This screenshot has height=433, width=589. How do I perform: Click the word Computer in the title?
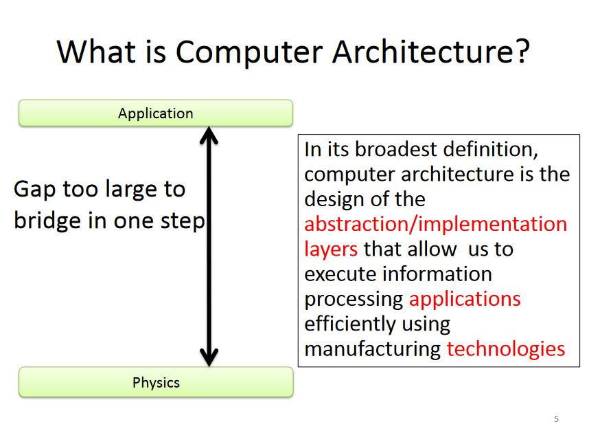click(249, 53)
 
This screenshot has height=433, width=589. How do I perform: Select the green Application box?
click(156, 113)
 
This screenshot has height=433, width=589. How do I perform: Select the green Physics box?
click(156, 382)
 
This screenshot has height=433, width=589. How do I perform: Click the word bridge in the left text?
click(47, 221)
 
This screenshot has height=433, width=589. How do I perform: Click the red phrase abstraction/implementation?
click(436, 224)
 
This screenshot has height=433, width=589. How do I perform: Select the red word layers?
click(331, 249)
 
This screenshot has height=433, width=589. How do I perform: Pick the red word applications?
click(465, 300)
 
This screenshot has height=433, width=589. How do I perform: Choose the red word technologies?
click(506, 349)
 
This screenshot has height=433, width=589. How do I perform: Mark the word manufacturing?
click(372, 349)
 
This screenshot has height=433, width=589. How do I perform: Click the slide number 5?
click(556, 419)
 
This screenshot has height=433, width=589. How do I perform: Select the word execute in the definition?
click(340, 274)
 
